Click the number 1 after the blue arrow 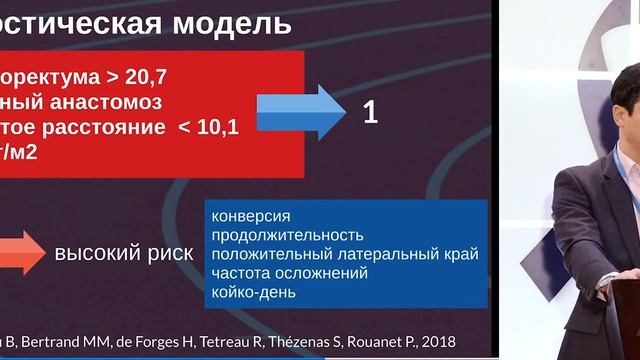[x=370, y=113]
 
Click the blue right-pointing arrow [x=299, y=111]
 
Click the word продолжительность [x=285, y=235]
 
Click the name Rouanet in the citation [x=396, y=342]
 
